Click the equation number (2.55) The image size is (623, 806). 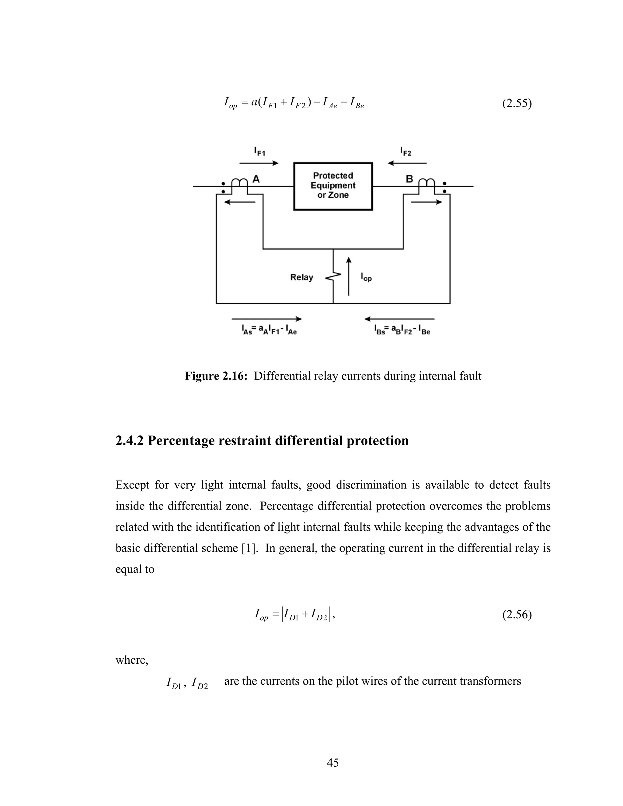(517, 104)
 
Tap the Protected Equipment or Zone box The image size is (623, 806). (333, 186)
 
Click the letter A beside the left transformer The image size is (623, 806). (256, 179)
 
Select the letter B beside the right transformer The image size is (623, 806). (409, 179)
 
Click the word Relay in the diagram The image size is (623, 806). (301, 277)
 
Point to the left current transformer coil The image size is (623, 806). (239, 183)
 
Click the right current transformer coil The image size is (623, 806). (427, 183)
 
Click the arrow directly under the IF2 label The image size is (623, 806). (407, 163)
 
